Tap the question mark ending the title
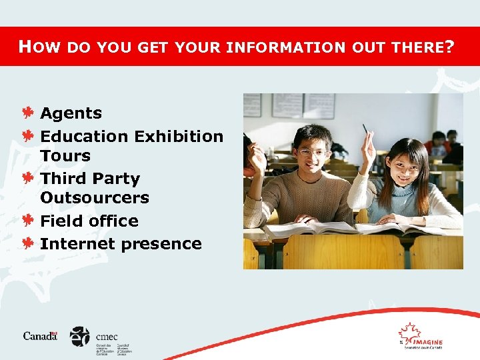coord(450,47)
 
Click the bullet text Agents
coord(71,114)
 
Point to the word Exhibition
coord(178,136)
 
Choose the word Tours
coord(65,156)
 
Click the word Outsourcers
coord(95,198)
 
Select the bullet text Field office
coord(89,221)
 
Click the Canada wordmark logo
coord(40,336)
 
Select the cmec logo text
coord(107,337)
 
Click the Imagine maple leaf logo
coord(409,333)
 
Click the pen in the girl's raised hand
coord(365,128)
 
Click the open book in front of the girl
coord(400,229)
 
